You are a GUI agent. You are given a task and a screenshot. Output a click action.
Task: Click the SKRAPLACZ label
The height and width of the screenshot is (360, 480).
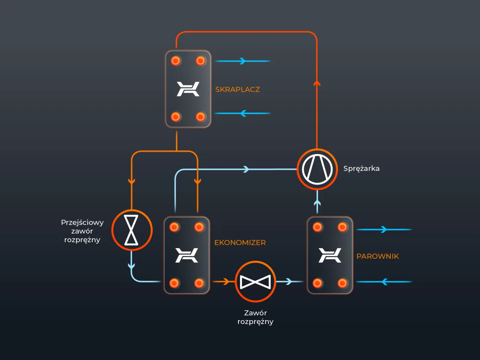237,90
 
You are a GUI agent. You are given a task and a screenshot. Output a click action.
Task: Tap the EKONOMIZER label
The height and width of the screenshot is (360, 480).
240,243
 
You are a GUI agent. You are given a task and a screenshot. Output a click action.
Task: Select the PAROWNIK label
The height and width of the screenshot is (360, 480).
378,256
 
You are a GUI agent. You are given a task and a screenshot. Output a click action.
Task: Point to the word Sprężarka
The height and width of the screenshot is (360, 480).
361,168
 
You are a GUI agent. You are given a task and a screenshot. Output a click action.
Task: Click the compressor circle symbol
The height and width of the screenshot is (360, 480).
317,169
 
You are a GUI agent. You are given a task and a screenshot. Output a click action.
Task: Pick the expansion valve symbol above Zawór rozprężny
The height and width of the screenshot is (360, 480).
255,282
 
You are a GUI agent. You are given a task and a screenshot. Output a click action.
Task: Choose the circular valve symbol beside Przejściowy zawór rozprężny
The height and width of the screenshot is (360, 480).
132,230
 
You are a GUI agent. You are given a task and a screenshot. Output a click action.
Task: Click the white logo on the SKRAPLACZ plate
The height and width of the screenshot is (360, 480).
188,89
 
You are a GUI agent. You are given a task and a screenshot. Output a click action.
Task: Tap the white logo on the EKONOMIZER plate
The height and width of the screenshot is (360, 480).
187,255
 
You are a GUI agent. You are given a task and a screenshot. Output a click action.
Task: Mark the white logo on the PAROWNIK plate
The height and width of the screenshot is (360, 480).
330,255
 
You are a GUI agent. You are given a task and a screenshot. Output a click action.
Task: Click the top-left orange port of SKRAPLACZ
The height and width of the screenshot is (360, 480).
175,61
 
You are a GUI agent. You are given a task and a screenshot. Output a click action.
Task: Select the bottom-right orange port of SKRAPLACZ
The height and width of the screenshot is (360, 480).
201,117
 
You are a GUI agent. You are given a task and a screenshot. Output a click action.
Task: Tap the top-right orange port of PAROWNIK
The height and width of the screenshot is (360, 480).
342,227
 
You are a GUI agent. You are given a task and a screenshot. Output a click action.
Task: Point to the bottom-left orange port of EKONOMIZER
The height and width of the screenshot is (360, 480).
174,283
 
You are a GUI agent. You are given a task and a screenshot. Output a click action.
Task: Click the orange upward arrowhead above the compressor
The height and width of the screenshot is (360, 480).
317,83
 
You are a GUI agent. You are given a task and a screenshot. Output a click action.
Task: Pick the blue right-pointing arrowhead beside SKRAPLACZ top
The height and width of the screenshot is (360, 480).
243,61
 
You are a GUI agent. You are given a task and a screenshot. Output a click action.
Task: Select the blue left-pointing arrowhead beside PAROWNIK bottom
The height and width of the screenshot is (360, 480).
384,282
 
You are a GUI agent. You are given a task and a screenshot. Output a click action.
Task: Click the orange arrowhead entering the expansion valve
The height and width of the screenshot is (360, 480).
226,281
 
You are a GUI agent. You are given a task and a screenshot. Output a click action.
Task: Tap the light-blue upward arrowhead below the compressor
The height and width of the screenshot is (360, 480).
317,204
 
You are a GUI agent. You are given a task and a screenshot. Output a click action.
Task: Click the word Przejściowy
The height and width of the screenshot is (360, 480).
82,222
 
